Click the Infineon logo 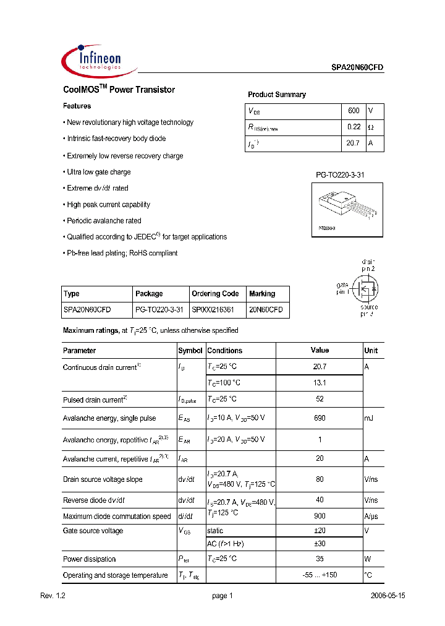[x=93, y=61]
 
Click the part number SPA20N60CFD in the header [x=354, y=69]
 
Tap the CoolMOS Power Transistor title [x=119, y=90]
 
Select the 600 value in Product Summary [x=354, y=111]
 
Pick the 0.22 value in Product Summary [x=354, y=127]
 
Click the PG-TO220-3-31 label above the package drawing [x=340, y=175]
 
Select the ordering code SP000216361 [x=213, y=309]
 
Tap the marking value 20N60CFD [x=266, y=309]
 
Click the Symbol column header [x=190, y=351]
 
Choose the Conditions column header [x=225, y=351]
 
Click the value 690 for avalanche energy [x=320, y=419]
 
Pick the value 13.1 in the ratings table [x=320, y=383]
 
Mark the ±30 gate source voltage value [x=320, y=544]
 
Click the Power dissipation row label [x=90, y=559]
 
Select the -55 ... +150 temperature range [x=320, y=575]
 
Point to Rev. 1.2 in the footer [x=53, y=596]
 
